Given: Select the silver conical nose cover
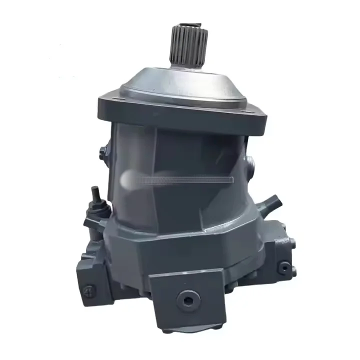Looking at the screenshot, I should pyautogui.click(x=185, y=82).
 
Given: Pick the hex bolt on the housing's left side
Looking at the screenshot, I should pyautogui.click(x=103, y=153).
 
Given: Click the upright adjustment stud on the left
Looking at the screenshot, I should pyautogui.click(x=95, y=195).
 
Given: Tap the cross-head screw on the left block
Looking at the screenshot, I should pyautogui.click(x=88, y=289).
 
